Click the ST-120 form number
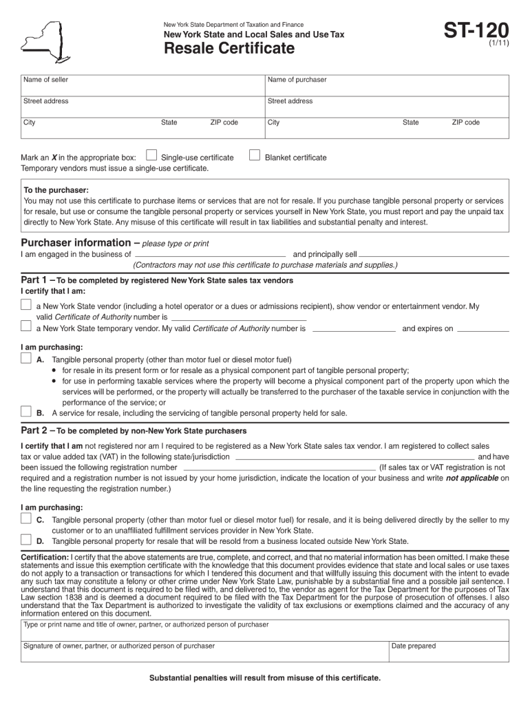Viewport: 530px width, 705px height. (476, 31)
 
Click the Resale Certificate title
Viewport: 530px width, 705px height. (229, 49)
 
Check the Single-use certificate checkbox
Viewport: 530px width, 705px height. (152, 155)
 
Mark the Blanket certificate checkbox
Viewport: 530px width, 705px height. (254, 155)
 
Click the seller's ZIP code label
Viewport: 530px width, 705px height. (224, 123)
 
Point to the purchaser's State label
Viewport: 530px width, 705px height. (411, 123)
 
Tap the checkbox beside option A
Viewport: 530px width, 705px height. (26, 358)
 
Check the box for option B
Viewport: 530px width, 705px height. (26, 412)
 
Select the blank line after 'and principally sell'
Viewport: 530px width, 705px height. (434, 255)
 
